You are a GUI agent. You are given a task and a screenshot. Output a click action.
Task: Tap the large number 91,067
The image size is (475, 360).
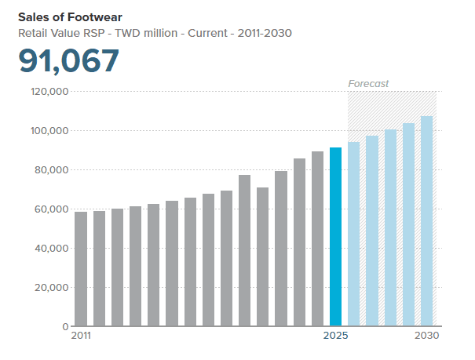69,61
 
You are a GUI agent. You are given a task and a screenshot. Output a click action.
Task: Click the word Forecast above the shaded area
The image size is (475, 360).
368,84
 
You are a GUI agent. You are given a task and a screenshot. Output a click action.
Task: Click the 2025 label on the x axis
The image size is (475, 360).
335,336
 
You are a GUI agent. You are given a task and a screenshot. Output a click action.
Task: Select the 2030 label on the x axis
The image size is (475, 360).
426,336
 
